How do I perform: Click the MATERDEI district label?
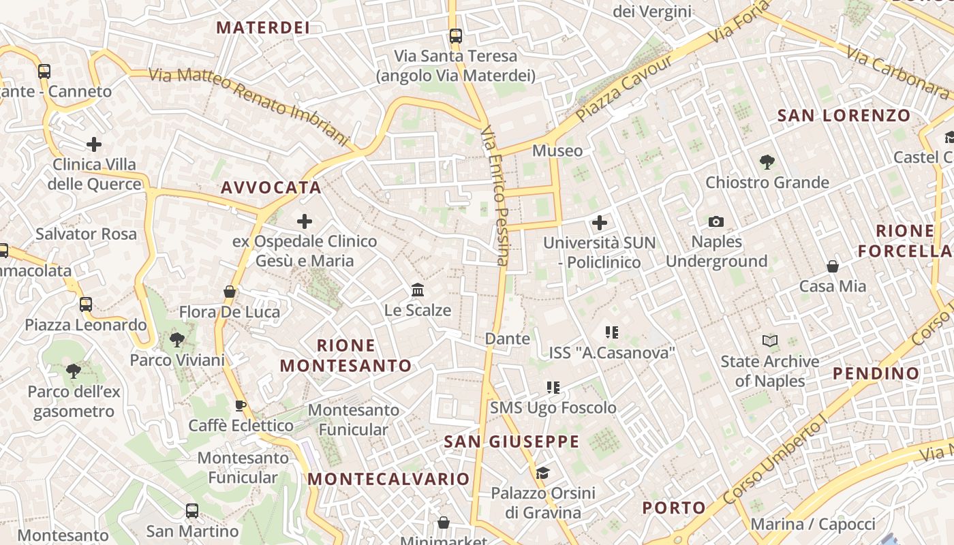click(263, 28)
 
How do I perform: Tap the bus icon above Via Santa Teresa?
click(455, 36)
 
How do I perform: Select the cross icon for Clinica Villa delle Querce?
click(94, 144)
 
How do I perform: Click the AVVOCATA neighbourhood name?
click(271, 187)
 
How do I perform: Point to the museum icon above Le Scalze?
click(418, 290)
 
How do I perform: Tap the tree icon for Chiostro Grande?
click(767, 162)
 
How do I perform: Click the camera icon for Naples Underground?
click(715, 221)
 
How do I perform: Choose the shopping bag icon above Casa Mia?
click(832, 266)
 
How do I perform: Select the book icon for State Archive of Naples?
click(769, 341)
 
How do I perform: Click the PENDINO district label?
click(876, 373)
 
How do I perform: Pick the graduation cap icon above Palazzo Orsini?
click(542, 473)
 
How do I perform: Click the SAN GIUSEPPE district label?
click(511, 441)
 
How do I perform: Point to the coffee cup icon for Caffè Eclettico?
click(240, 406)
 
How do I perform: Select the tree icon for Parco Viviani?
click(176, 339)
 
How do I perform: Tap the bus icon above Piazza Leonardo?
click(86, 305)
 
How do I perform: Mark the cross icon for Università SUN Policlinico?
click(600, 223)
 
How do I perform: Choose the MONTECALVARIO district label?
click(388, 479)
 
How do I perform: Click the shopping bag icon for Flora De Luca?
click(230, 292)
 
